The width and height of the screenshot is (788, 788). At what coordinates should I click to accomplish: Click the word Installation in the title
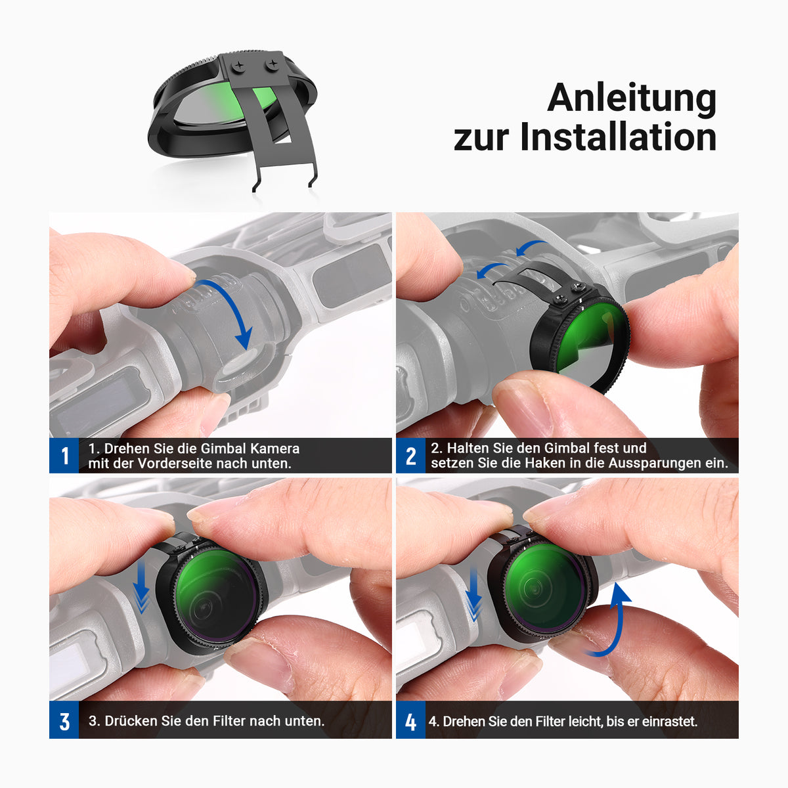coord(618,137)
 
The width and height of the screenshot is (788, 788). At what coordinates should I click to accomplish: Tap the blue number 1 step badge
coord(64,456)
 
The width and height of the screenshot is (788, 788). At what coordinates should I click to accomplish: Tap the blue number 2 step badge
coord(411,456)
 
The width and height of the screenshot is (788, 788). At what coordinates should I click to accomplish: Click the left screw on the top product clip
coord(238,66)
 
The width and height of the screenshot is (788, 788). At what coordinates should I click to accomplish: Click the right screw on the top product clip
coord(272,64)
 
